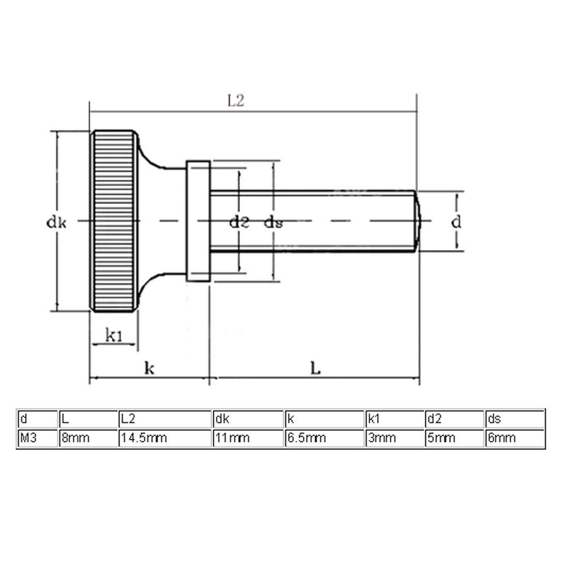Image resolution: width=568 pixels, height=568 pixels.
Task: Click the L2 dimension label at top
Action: [235, 101]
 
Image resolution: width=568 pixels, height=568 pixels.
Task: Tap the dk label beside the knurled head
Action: [56, 223]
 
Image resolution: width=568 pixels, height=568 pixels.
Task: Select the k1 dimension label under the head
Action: [114, 336]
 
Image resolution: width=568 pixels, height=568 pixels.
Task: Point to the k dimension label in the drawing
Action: [149, 369]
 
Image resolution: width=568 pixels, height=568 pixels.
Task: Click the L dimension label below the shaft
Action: [315, 368]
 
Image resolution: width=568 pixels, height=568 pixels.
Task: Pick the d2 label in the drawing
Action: [239, 223]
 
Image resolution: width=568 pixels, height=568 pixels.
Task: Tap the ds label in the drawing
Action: [273, 223]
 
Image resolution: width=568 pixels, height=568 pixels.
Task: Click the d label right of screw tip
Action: [456, 222]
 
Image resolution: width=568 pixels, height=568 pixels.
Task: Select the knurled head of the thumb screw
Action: [115, 221]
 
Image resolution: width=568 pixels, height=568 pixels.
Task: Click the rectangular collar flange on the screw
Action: [198, 221]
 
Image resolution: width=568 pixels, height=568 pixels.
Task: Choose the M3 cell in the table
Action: [36, 438]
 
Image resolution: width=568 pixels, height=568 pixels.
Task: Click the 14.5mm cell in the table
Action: [164, 438]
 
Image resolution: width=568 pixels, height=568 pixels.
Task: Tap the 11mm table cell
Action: [247, 438]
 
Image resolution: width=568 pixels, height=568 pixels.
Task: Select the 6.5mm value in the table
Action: [324, 438]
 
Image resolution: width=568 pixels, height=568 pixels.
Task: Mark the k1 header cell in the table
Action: [395, 419]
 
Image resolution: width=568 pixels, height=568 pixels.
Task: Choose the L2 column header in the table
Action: [164, 419]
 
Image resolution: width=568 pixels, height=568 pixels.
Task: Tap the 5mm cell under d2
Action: [455, 438]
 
